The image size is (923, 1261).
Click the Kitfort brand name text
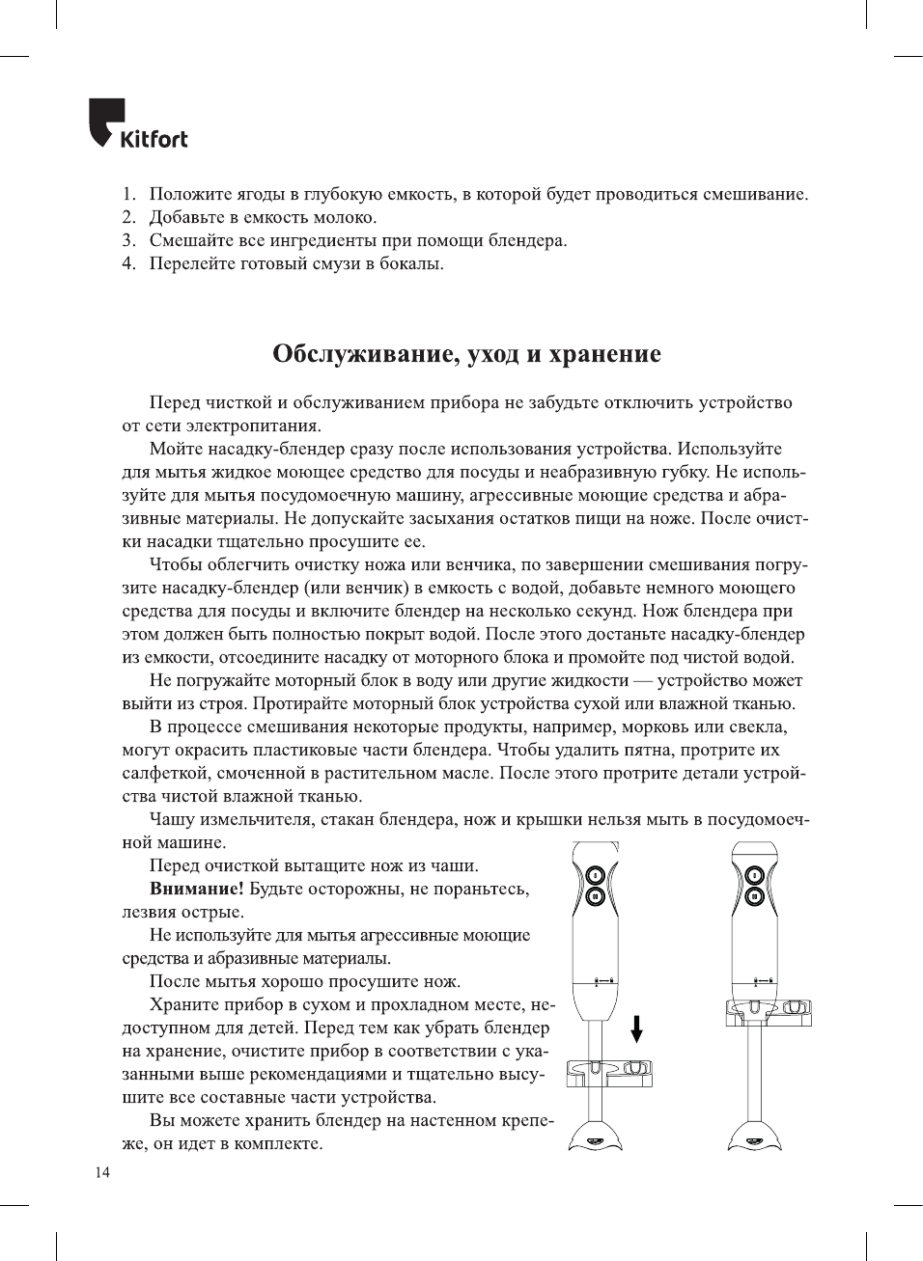pyautogui.click(x=154, y=139)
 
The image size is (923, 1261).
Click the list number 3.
pyautogui.click(x=128, y=240)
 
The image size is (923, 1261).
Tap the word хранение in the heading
pyautogui.click(x=604, y=354)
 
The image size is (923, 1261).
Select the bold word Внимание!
pyautogui.click(x=196, y=889)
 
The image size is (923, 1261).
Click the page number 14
pyautogui.click(x=102, y=1172)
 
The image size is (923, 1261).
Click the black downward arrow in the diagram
pyautogui.click(x=636, y=1029)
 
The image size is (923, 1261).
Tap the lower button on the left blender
pyautogui.click(x=596, y=896)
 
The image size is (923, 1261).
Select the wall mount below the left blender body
pyautogui.click(x=609, y=1071)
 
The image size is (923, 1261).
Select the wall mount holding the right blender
pyautogui.click(x=769, y=1010)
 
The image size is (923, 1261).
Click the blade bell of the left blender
pyautogui.click(x=596, y=1137)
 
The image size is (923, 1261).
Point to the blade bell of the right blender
pyautogui.click(x=754, y=1137)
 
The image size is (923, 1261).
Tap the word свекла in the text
pyautogui.click(x=757, y=726)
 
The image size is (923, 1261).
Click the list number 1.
pyautogui.click(x=128, y=194)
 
